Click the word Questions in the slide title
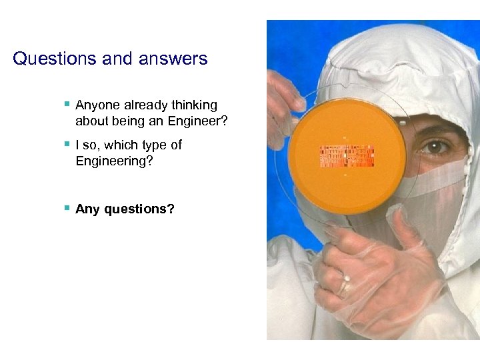(x=55, y=59)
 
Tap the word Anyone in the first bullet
(x=97, y=105)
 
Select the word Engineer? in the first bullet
(x=199, y=121)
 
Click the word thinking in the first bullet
(x=194, y=105)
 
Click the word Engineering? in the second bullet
(x=114, y=161)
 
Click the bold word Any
(x=86, y=209)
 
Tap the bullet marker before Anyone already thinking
(x=67, y=104)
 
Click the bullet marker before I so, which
(x=67, y=144)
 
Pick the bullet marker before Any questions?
(x=67, y=207)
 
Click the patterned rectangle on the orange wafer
(x=347, y=156)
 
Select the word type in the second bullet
(x=156, y=145)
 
